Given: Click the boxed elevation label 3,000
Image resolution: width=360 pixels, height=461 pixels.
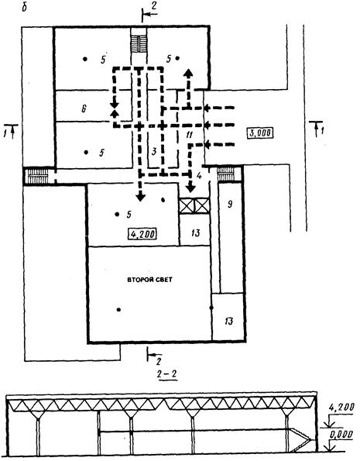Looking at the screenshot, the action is coord(260,133).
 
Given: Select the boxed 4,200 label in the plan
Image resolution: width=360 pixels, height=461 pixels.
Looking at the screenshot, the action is coord(142,234).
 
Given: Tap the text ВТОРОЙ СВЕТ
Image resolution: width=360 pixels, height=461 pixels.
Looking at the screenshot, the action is coord(149,280).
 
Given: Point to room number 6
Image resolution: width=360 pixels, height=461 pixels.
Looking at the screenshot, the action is coord(84,108).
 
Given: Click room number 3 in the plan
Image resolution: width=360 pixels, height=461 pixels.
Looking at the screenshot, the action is coord(154,152).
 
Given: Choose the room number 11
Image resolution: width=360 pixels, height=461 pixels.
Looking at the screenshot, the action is coord(189,135).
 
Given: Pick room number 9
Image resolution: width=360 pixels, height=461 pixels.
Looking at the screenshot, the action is coord(230,204).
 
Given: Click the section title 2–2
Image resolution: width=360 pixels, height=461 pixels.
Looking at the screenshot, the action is coord(167,374).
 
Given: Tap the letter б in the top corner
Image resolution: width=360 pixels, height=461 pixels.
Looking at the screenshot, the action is coord(25,8).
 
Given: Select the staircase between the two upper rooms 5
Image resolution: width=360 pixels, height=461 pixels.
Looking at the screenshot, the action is coord(139,44).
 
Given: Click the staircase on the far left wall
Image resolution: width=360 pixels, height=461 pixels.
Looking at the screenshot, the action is coord(37,177).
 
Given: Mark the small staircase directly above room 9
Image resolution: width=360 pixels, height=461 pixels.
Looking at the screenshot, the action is coord(225,174).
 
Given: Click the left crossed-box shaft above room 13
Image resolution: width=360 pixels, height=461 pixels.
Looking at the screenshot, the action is coord(187,205).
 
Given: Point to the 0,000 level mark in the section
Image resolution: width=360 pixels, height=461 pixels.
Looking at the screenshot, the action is coord(341,435).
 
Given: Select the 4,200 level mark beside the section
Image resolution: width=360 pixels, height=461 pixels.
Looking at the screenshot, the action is coord(341,408).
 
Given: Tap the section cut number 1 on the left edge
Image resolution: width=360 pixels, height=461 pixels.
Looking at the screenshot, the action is coord(5,130).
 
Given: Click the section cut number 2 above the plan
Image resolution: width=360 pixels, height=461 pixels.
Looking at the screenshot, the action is coord(154,5).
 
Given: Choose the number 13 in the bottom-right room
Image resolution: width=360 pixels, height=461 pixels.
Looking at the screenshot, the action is coord(228,321).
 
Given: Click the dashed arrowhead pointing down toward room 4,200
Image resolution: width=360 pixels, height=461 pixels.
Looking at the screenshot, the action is coord(141,197).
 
